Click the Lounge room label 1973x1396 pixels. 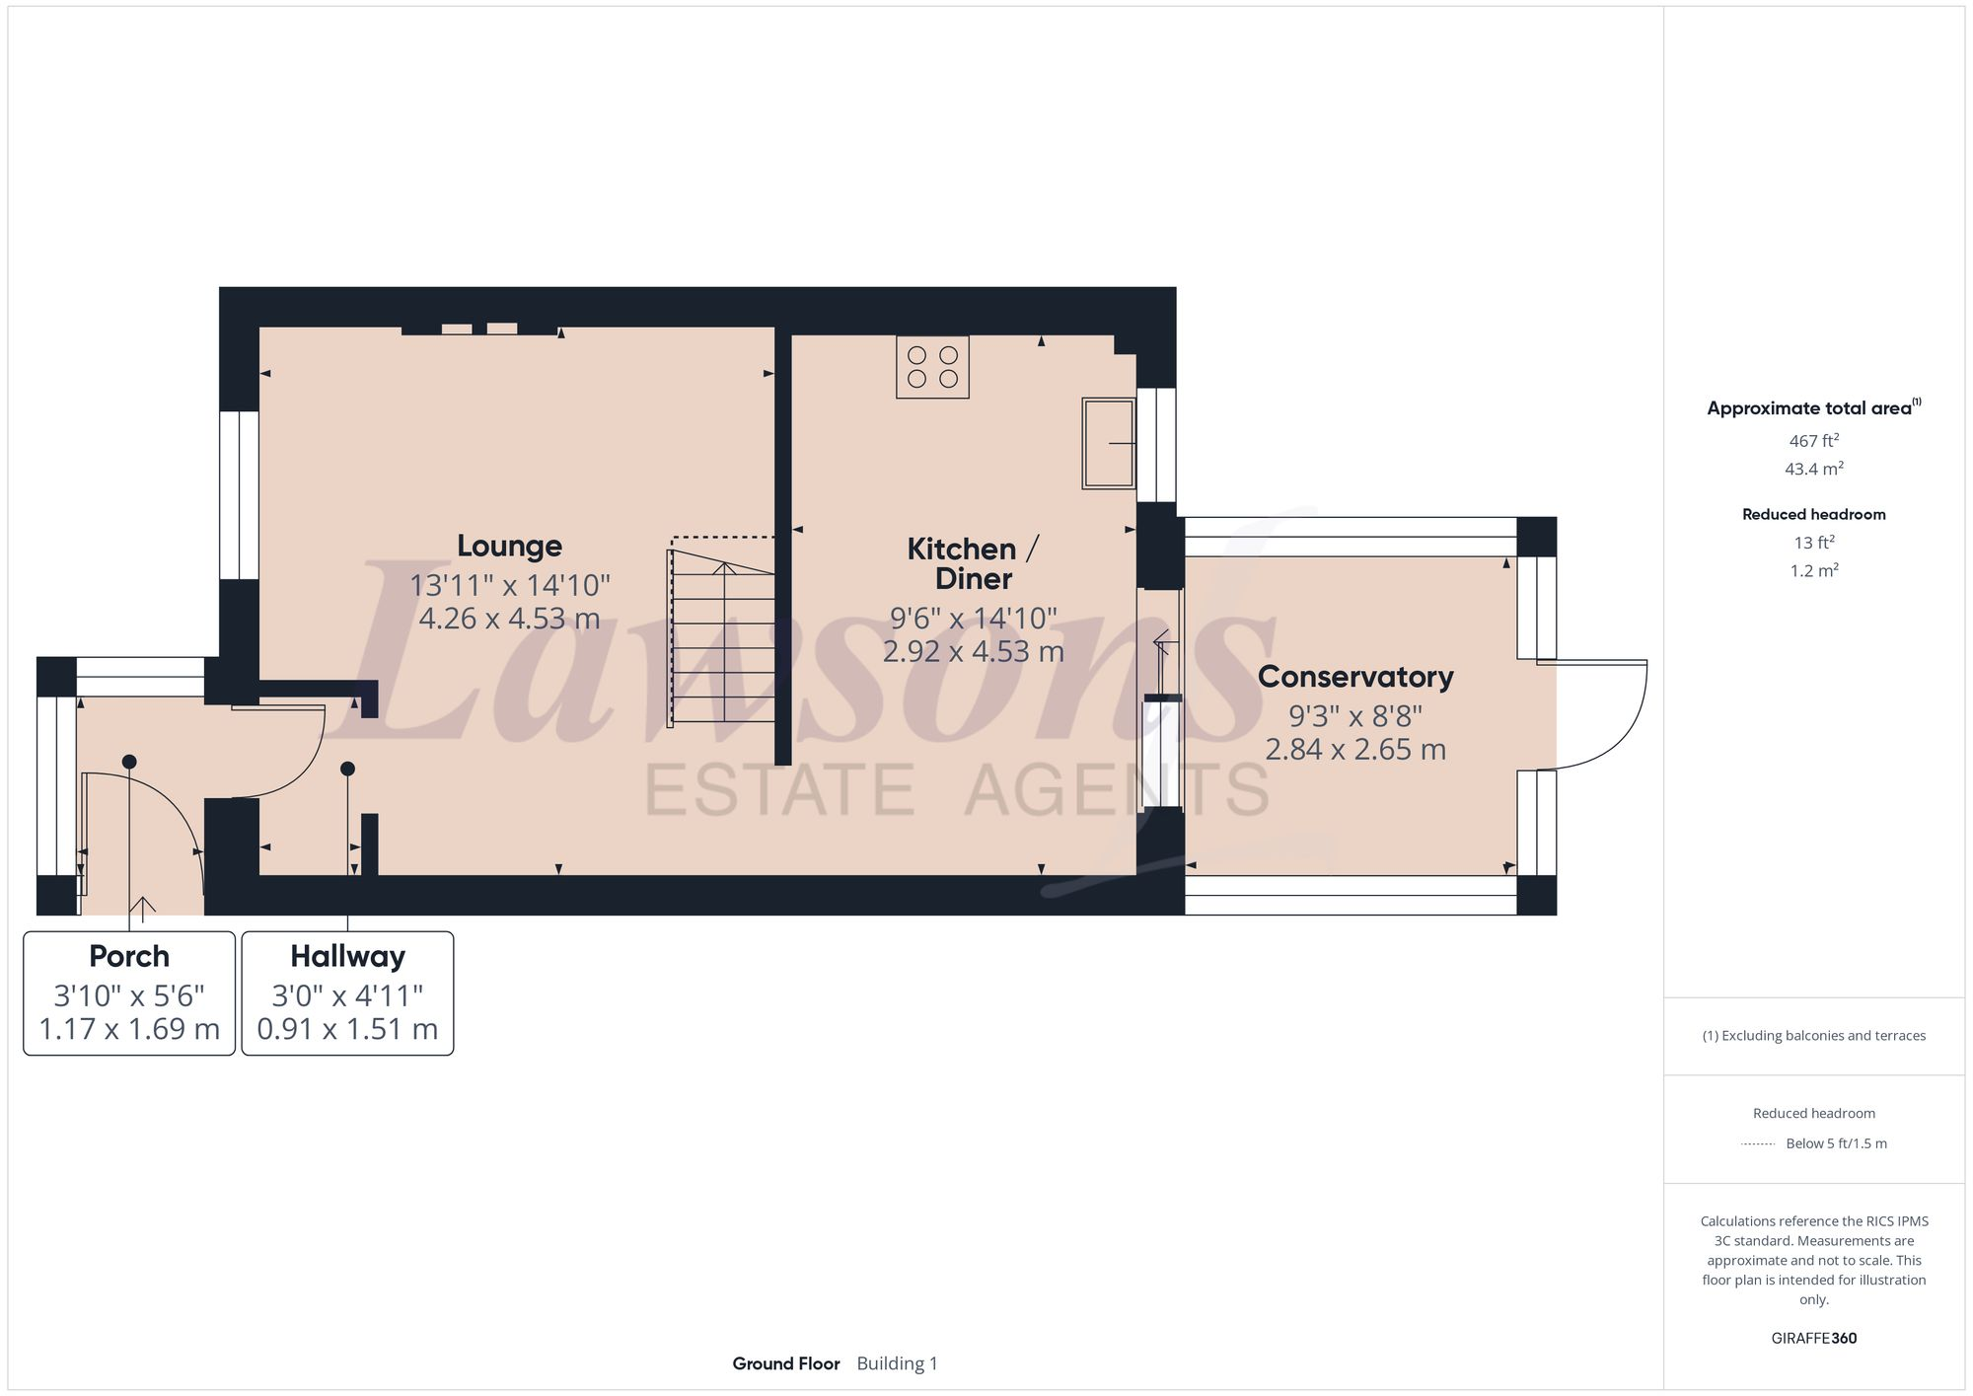click(x=509, y=546)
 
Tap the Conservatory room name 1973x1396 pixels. click(x=1355, y=677)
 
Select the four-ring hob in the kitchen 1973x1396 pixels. click(x=932, y=367)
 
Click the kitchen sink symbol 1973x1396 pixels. click(x=1109, y=443)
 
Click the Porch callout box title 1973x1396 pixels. click(x=129, y=956)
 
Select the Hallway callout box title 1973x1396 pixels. click(x=347, y=956)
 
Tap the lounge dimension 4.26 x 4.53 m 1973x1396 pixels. click(x=509, y=619)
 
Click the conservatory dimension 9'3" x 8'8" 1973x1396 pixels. click(x=1355, y=715)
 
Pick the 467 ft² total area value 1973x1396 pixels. click(x=1813, y=441)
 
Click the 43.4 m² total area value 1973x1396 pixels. click(x=1813, y=469)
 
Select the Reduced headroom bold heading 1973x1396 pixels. click(x=1813, y=514)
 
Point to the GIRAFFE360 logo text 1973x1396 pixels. click(x=1813, y=1339)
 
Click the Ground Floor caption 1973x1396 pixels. click(x=785, y=1363)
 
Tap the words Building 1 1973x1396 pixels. click(x=897, y=1363)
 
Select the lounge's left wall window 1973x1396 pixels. click(x=239, y=494)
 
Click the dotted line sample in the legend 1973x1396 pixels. click(x=1758, y=1144)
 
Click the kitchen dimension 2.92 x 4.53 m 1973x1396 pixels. click(x=973, y=652)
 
